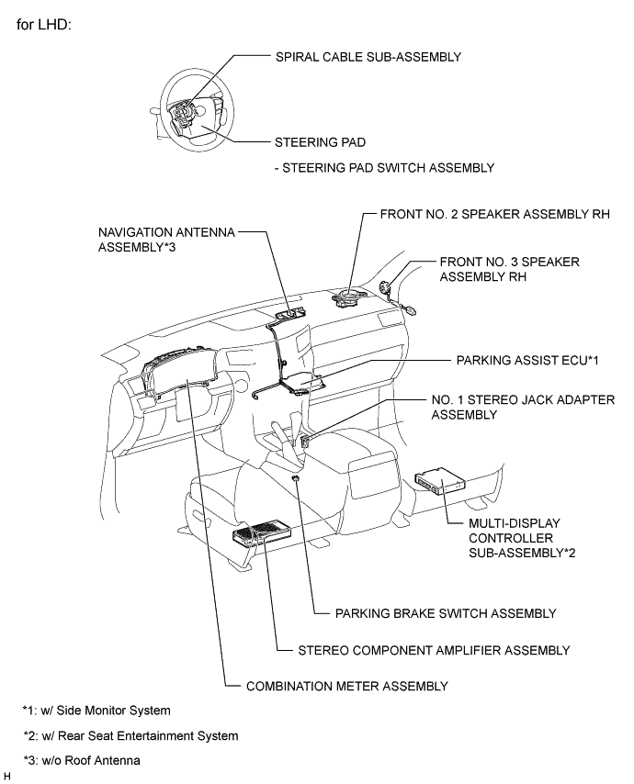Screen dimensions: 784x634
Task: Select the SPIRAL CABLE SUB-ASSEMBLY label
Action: click(x=368, y=57)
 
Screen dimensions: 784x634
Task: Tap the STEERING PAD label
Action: click(x=320, y=143)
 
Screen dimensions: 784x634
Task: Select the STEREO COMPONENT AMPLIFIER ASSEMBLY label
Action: click(x=435, y=650)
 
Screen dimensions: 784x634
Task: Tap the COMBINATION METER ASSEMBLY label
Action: click(x=346, y=686)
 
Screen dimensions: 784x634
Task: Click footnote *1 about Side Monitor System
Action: click(x=96, y=711)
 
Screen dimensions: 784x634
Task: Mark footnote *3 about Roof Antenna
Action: click(x=82, y=760)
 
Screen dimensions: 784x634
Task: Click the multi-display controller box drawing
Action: click(x=441, y=481)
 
